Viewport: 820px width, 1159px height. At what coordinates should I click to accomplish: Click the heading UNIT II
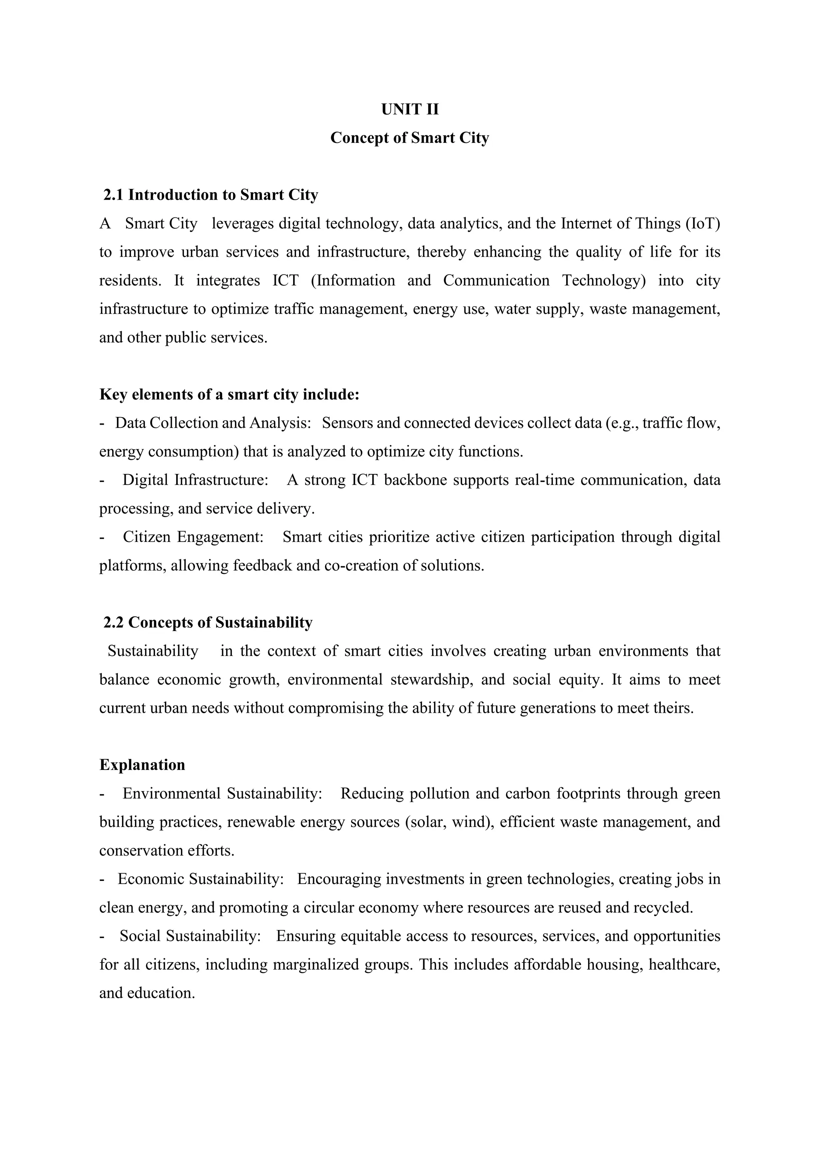tap(410, 110)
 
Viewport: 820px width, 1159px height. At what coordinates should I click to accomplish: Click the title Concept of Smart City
tap(410, 138)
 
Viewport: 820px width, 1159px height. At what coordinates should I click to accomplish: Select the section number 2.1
tap(114, 195)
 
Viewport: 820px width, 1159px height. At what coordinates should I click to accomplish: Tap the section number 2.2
tap(114, 623)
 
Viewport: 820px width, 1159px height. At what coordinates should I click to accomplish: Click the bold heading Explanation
tap(143, 765)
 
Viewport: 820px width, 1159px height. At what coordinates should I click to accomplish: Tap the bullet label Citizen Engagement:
tap(193, 537)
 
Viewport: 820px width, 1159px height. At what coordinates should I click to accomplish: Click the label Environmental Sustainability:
tap(223, 794)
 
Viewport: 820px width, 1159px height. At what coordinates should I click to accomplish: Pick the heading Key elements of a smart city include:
tap(229, 394)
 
